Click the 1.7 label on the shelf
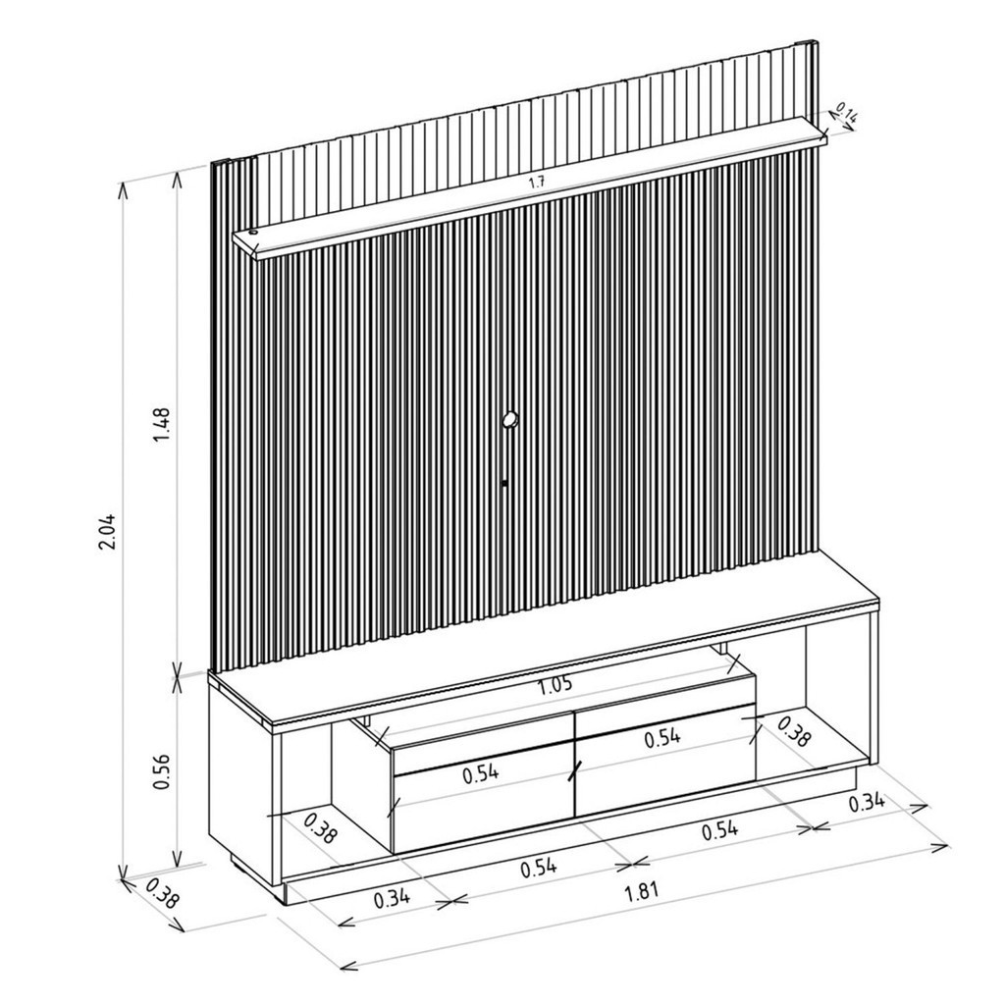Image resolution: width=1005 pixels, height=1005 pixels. pos(537,183)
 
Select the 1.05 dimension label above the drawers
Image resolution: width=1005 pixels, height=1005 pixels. pos(555,685)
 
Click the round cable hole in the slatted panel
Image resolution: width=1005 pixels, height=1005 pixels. pos(509,420)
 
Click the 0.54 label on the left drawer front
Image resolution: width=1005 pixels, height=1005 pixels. pos(481,773)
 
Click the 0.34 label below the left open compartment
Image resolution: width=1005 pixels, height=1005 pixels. pos(393,899)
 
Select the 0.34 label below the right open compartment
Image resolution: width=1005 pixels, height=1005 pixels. pos(866,803)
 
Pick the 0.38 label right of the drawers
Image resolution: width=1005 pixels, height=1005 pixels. pos(793,732)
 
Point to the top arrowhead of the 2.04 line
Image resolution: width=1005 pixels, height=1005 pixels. pos(123,186)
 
